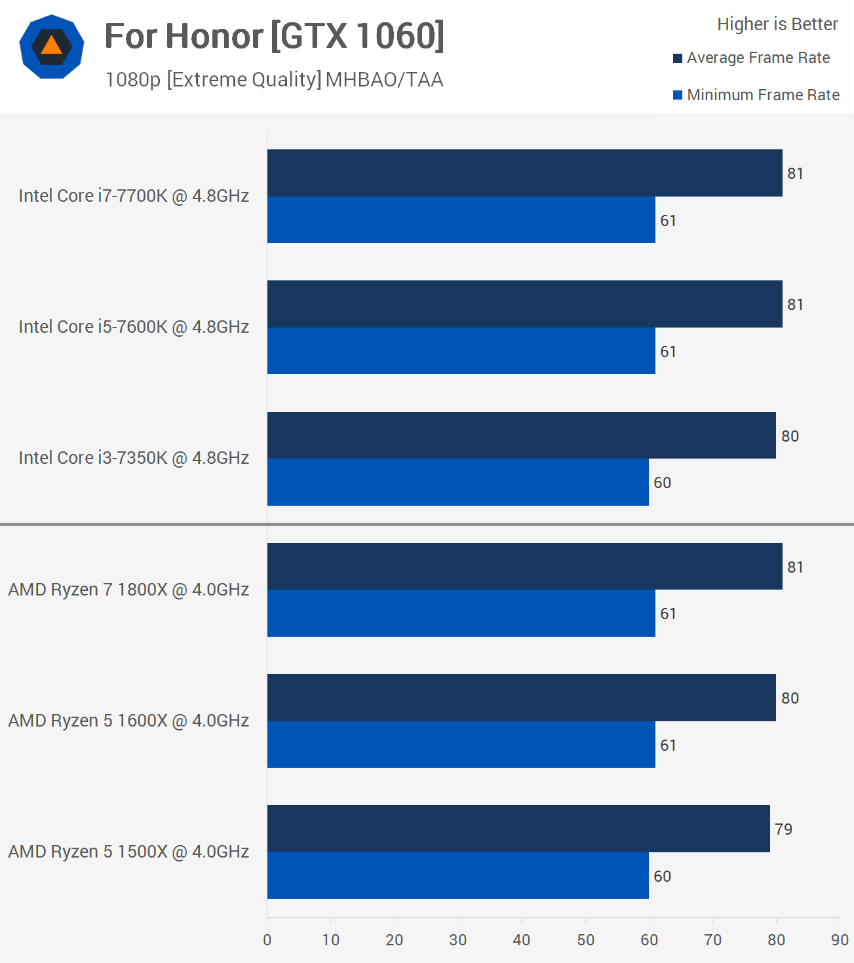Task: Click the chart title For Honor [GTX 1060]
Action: pyautogui.click(x=275, y=36)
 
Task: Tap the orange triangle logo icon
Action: pyautogui.click(x=51, y=46)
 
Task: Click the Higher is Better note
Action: pyautogui.click(x=777, y=24)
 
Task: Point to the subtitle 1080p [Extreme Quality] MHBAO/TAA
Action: pyautogui.click(x=274, y=79)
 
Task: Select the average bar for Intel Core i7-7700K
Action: pyautogui.click(x=524, y=173)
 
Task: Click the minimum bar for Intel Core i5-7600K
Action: pyautogui.click(x=461, y=351)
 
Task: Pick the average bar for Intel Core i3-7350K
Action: pyautogui.click(x=521, y=436)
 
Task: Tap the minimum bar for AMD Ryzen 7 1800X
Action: pyautogui.click(x=461, y=613)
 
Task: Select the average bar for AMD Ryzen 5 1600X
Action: pyautogui.click(x=521, y=698)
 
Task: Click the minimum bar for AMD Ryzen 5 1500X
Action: pyautogui.click(x=457, y=876)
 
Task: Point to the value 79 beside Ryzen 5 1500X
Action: pyautogui.click(x=783, y=829)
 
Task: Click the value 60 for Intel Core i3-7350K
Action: pyautogui.click(x=662, y=483)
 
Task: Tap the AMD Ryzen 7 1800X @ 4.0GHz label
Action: pyautogui.click(x=128, y=590)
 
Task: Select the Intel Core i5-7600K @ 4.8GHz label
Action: pyautogui.click(x=134, y=327)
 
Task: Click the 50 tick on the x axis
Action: pyautogui.click(x=585, y=940)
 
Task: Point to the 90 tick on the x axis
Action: pyautogui.click(x=840, y=940)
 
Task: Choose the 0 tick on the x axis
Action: pyautogui.click(x=267, y=940)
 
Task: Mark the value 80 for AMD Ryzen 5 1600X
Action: pyautogui.click(x=790, y=698)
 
